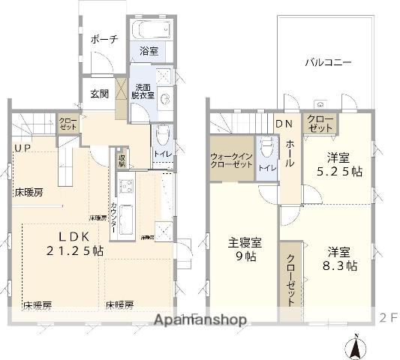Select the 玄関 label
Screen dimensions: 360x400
[x=100, y=94]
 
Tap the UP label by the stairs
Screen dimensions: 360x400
[x=22, y=148]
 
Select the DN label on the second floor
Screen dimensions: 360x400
[x=284, y=124]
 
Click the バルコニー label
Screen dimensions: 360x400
[x=328, y=62]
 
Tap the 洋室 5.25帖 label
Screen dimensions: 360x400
[x=338, y=164]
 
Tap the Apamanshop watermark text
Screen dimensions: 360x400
[x=200, y=319]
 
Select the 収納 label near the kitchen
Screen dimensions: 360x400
[x=121, y=160]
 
